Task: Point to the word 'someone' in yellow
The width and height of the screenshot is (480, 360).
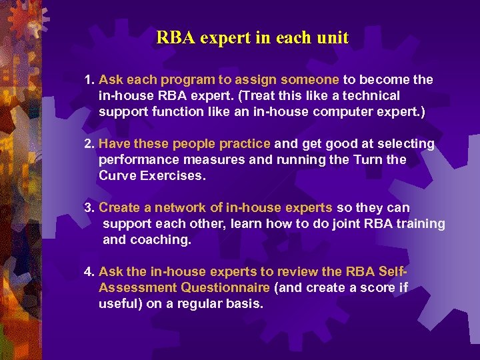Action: point(313,80)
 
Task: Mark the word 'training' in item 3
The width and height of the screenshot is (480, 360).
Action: point(421,224)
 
